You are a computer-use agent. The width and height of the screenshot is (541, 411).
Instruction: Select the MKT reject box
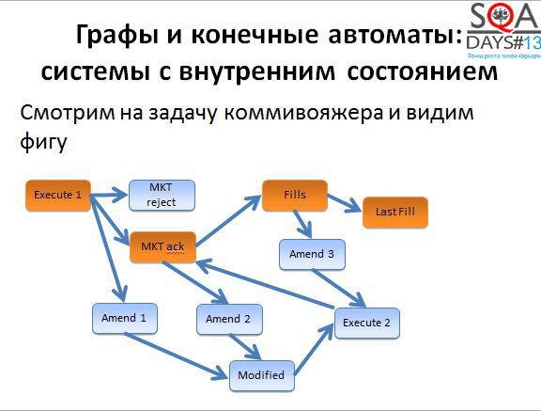pos(161,196)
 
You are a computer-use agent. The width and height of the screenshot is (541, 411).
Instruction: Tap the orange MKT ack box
pos(162,246)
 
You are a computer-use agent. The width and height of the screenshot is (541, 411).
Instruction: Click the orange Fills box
pos(294,195)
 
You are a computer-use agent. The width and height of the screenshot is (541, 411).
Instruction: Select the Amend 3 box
pos(311,255)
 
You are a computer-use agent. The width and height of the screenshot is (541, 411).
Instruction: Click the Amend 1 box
pos(123,318)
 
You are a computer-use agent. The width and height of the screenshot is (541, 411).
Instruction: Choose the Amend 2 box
pos(227,319)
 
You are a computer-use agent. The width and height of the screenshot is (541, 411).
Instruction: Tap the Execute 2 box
pos(366,323)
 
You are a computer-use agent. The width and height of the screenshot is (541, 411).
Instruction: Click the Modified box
pos(261,374)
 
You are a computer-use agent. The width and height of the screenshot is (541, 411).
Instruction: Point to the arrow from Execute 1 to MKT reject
pos(107,196)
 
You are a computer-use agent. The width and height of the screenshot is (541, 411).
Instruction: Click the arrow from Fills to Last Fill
pos(344,204)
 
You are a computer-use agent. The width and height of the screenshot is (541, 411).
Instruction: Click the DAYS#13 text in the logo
pos(504,43)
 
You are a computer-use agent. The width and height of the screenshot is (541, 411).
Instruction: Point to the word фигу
pos(44,147)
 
